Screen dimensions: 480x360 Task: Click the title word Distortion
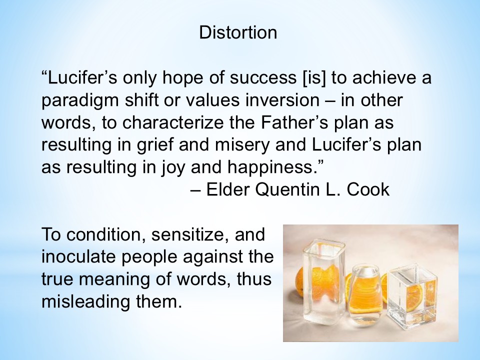pos(238,32)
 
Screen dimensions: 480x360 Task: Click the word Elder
pos(228,189)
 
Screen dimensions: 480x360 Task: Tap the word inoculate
pos(78,256)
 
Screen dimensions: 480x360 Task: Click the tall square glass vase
pos(323,281)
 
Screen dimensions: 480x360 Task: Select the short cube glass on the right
pos(411,295)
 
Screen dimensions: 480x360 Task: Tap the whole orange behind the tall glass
pos(300,281)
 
